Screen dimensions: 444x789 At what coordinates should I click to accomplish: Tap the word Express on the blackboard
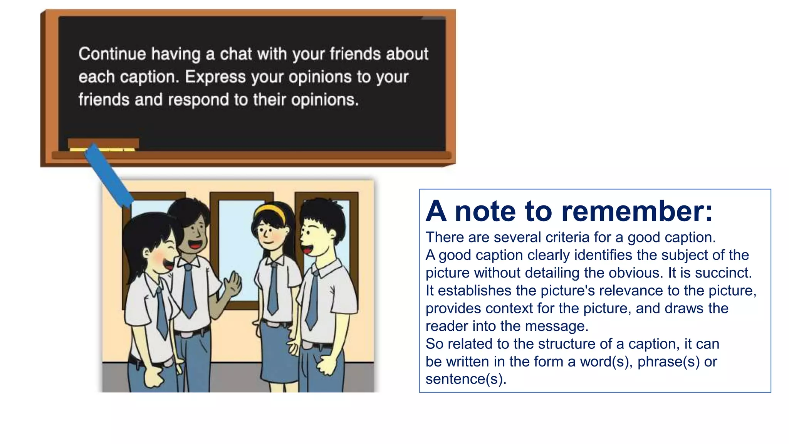click(x=215, y=77)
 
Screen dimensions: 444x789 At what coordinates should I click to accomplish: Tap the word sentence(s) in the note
click(x=465, y=379)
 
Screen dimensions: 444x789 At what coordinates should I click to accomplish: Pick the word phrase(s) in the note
click(x=668, y=362)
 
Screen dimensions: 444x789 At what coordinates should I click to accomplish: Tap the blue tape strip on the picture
click(x=109, y=176)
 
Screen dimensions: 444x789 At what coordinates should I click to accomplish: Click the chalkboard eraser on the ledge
click(x=103, y=144)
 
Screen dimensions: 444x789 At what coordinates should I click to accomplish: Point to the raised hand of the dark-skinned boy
click(x=233, y=284)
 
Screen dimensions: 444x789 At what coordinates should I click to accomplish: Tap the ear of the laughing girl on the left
click(x=146, y=253)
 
